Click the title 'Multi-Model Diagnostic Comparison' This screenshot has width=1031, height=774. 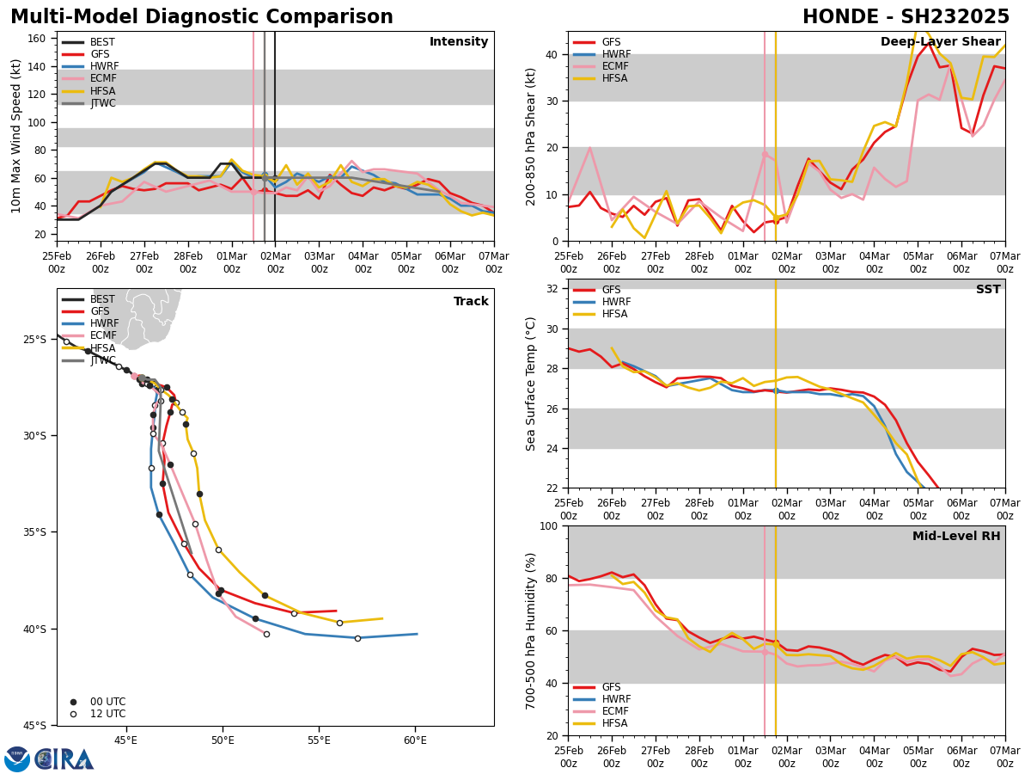(202, 17)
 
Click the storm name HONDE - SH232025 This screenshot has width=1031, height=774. (906, 17)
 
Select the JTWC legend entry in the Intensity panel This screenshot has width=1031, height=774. (102, 103)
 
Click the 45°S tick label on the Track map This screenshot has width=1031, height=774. (35, 725)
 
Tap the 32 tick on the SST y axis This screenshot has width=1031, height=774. (554, 289)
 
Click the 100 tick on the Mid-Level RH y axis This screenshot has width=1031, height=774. (551, 525)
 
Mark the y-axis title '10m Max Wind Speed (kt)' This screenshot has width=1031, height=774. (16, 136)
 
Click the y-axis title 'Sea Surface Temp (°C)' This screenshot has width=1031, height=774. (531, 384)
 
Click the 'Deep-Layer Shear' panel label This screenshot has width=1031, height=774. (940, 42)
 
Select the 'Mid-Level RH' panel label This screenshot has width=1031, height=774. (955, 537)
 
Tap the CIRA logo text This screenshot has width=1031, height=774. (64, 759)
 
